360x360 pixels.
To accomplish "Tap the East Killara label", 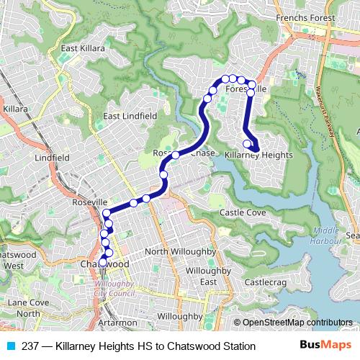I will point(83,48).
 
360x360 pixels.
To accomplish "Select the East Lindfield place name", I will point(130,115).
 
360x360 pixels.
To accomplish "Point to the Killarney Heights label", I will point(258,155).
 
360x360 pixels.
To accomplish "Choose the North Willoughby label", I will point(180,251).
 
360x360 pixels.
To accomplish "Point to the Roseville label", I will point(90,204).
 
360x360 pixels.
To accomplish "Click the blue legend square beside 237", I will point(10,346).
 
